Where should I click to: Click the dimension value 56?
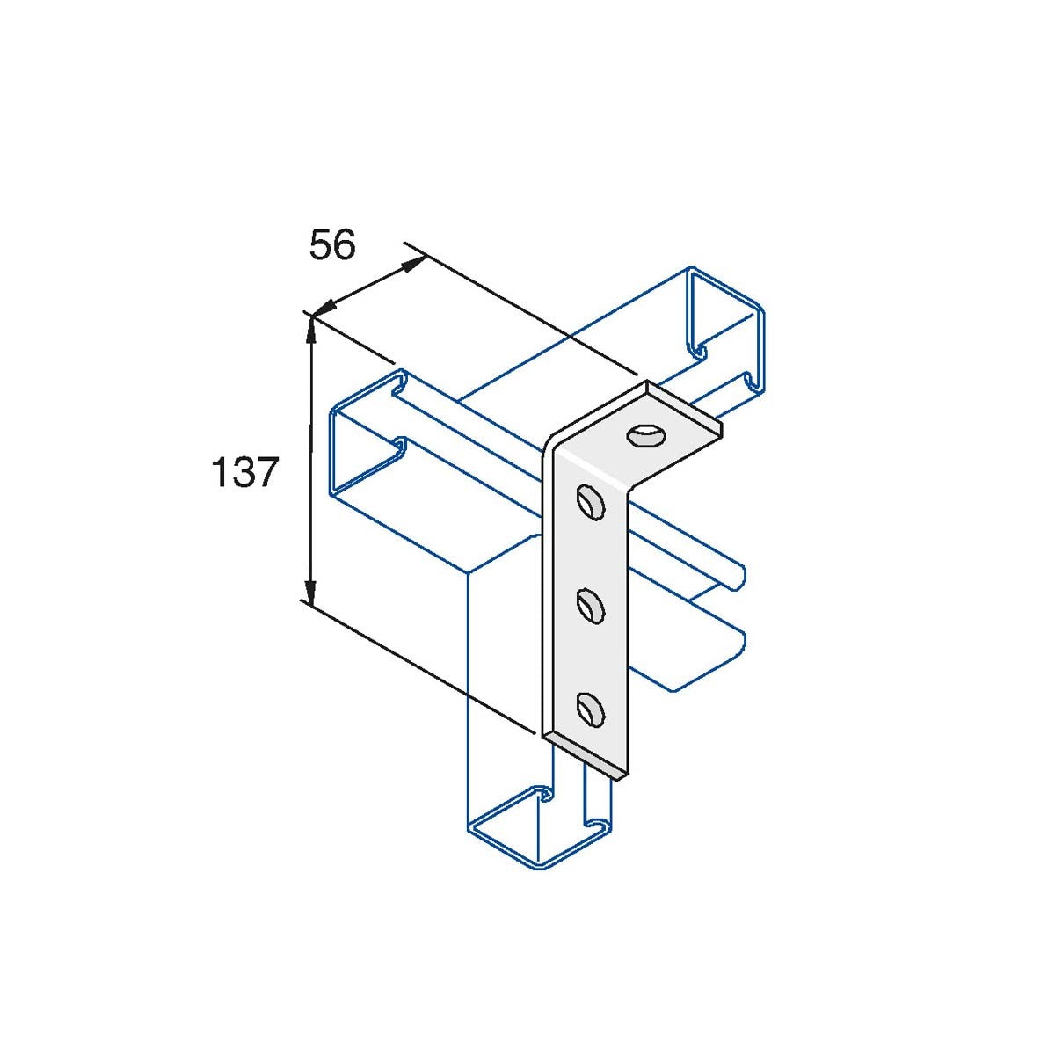pyautogui.click(x=332, y=245)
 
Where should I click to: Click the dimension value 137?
pyautogui.click(x=244, y=473)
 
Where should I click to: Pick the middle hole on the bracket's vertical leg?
pyautogui.click(x=590, y=606)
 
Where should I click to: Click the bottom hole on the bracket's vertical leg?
pyautogui.click(x=590, y=708)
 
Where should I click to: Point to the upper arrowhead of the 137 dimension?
pyautogui.click(x=310, y=330)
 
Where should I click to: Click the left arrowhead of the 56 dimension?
pyautogui.click(x=324, y=308)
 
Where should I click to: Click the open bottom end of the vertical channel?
pyautogui.click(x=536, y=826)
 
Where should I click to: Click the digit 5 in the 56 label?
pyautogui.click(x=321, y=245)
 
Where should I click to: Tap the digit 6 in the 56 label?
pyautogui.click(x=344, y=245)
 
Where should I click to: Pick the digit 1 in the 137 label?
pyautogui.click(x=219, y=473)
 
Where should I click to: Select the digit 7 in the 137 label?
pyautogui.click(x=267, y=473)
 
